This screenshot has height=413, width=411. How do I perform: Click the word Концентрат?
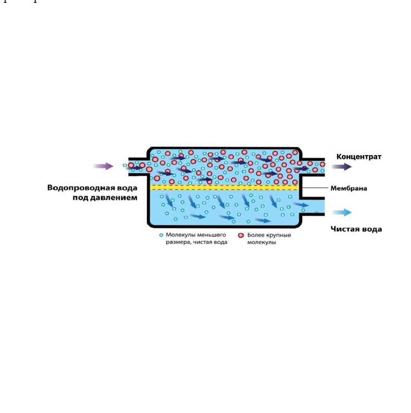click(359, 157)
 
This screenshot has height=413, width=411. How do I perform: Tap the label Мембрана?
click(349, 188)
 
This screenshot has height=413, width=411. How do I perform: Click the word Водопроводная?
click(80, 188)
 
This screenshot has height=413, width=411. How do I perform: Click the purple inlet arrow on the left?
click(103, 166)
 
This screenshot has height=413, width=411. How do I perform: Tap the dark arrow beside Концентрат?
click(341, 166)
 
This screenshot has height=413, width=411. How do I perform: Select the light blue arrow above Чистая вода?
click(341, 212)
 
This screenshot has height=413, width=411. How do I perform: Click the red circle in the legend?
click(241, 235)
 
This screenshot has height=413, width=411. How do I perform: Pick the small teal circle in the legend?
click(161, 235)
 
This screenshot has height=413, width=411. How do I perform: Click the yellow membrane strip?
click(225, 187)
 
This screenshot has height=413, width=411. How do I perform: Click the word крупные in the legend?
click(279, 235)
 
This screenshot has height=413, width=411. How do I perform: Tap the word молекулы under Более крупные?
click(261, 242)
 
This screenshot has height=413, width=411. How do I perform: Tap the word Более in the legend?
click(256, 235)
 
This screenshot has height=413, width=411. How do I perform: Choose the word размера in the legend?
click(179, 242)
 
